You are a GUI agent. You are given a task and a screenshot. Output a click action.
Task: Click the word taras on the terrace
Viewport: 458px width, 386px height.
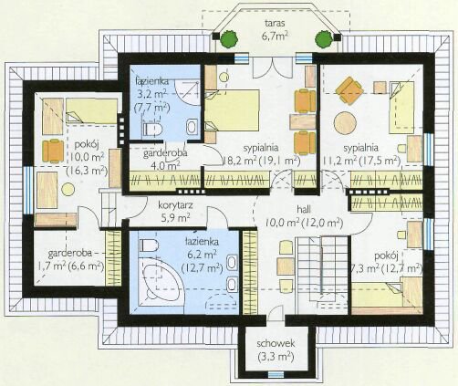pos(275,23)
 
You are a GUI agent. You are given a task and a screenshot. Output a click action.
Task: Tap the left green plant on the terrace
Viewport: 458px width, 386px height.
pos(229,38)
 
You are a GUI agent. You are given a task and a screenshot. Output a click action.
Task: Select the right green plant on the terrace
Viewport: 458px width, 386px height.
pos(323,38)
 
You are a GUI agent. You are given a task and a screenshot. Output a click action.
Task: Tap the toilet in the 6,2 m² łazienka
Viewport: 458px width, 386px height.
pos(149,245)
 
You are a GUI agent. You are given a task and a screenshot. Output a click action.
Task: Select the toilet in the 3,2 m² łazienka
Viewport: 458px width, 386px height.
pos(152,129)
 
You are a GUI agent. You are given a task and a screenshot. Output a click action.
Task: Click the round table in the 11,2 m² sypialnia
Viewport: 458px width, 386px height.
pos(345,123)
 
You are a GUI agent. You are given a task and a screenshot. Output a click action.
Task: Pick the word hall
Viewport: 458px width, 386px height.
pos(304,209)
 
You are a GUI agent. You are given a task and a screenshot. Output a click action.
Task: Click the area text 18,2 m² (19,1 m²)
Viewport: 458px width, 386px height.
pos(261,161)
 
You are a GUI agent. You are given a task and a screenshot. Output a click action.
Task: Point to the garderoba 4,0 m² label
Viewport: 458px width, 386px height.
pos(165,159)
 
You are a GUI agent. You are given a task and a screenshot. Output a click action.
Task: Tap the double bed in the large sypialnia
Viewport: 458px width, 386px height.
pos(232,110)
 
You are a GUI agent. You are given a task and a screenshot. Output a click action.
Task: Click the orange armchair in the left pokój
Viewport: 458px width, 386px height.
pos(53,151)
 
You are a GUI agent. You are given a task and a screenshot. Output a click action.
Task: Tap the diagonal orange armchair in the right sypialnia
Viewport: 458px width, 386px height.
pos(350,90)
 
